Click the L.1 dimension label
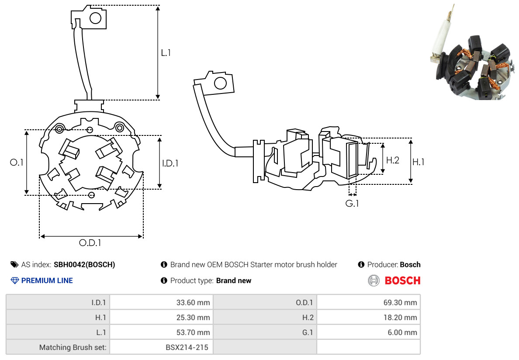coord(166,53)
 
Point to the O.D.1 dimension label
coord(93,243)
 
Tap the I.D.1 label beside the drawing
coord(170,163)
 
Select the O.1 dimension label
coord(17,163)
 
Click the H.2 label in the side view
coord(393,160)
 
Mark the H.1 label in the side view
coord(419,162)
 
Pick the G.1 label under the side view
coord(352,204)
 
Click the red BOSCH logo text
coord(402,280)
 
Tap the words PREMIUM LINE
coord(47,280)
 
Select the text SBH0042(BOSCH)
coord(84,264)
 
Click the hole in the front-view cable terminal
coord(95,18)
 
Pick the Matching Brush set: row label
coord(74,347)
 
